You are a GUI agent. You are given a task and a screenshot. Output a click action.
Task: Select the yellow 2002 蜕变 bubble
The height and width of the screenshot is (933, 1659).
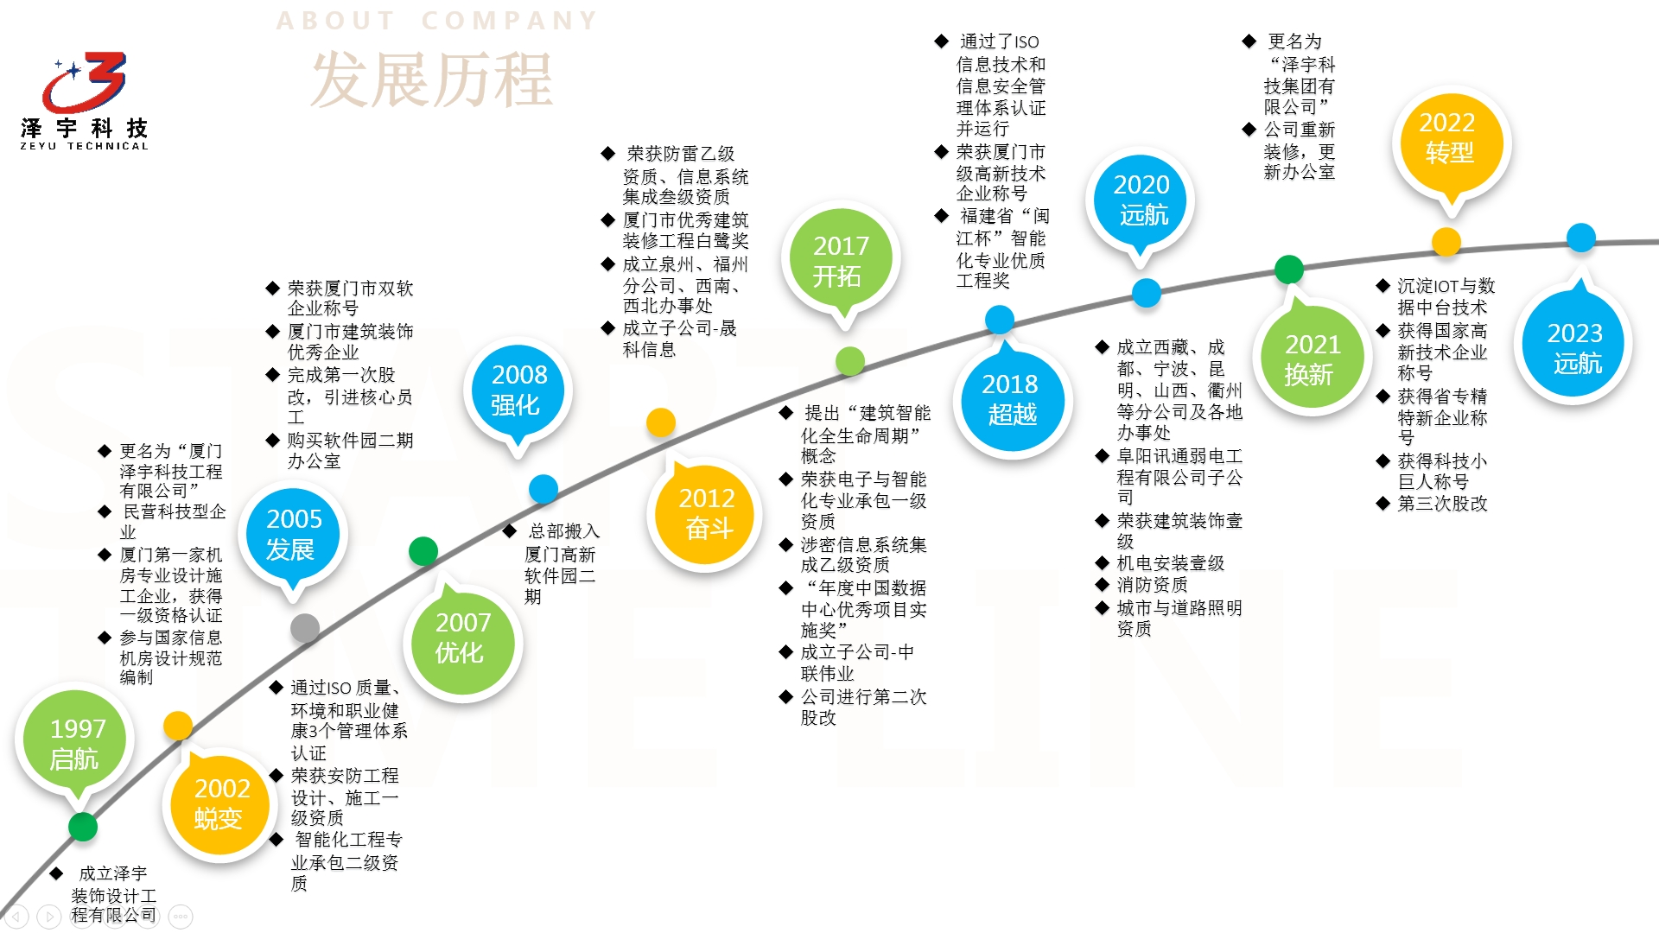coord(220,803)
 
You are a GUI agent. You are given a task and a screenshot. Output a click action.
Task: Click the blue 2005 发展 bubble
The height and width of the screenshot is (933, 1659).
coord(293,534)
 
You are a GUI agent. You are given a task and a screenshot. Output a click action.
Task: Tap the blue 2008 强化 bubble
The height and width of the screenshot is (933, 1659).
coord(518,390)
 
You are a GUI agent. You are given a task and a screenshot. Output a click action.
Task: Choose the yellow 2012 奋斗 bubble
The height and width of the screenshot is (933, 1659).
coord(706,513)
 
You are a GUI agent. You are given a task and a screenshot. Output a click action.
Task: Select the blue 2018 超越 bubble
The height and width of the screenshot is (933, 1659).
coord(1011,399)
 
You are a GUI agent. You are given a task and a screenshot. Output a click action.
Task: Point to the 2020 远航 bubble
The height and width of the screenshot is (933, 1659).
coord(1141,200)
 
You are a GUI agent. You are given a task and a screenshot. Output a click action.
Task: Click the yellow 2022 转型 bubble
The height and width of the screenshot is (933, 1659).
coord(1448,138)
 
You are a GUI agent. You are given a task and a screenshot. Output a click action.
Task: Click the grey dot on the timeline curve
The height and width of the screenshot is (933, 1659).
coord(305,628)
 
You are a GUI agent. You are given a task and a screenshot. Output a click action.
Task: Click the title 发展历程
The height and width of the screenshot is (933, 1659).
coord(431,79)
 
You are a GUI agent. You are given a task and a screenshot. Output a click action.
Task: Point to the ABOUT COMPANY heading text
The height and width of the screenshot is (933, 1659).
coord(436,21)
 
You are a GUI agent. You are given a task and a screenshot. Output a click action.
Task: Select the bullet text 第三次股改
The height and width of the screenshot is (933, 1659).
coord(1442,504)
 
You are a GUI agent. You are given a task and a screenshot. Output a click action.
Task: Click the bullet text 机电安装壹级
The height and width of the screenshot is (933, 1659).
coord(1170,563)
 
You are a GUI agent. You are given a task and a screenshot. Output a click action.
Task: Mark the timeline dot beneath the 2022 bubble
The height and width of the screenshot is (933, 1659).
coord(1446,242)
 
